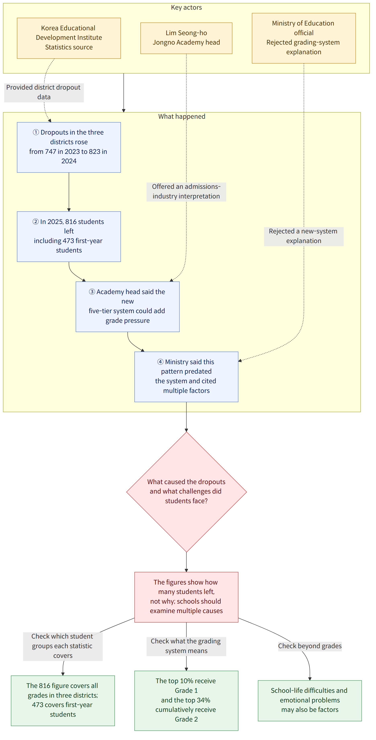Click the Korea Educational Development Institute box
(69, 38)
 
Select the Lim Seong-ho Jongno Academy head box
(186, 38)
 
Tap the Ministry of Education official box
(304, 38)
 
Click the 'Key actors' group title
(186, 7)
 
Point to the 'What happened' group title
(182, 116)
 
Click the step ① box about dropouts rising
(69, 147)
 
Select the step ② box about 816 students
(69, 237)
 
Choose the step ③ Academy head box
(128, 307)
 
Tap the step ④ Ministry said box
(186, 377)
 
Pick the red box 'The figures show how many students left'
(186, 597)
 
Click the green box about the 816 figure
(63, 701)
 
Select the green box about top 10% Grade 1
(186, 701)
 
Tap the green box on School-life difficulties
(310, 701)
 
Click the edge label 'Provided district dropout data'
(44, 92)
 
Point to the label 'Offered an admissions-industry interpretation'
(186, 192)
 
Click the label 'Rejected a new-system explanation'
(304, 236)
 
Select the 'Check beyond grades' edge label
(310, 646)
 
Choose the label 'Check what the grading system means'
(186, 646)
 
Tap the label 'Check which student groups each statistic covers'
(63, 646)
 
